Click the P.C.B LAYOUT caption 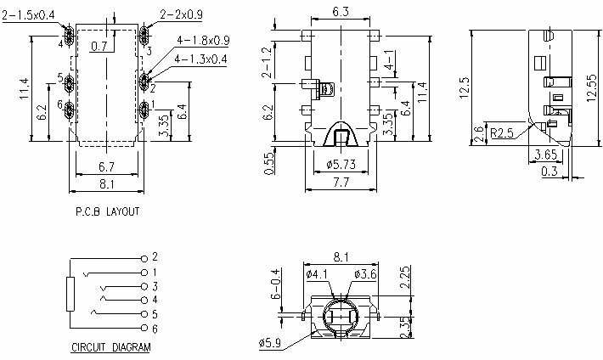coord(106,211)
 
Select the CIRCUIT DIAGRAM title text coord(110,348)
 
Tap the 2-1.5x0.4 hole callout coord(29,14)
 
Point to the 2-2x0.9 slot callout coord(182,14)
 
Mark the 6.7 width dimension coord(106,166)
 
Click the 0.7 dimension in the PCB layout coord(99,46)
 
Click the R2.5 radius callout coord(504,133)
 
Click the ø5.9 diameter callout coord(270,344)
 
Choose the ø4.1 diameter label coord(317,274)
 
